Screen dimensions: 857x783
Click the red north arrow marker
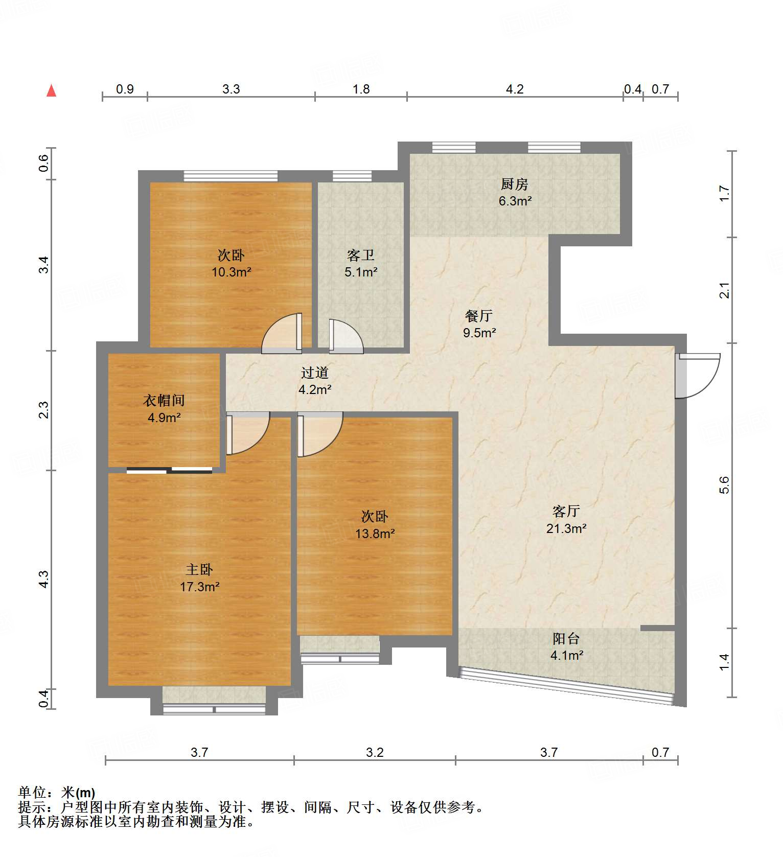click(51, 90)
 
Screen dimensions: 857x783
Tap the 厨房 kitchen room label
click(515, 184)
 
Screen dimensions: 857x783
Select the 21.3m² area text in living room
click(566, 528)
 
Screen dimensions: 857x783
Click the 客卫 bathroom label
click(361, 255)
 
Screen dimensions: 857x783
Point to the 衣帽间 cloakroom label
click(164, 401)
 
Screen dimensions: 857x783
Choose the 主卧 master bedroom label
click(199, 569)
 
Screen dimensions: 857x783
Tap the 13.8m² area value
click(375, 534)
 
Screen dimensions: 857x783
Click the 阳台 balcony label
click(566, 638)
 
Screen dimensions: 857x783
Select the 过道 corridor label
click(314, 373)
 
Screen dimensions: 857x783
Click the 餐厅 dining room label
click(479, 316)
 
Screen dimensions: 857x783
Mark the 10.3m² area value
click(231, 272)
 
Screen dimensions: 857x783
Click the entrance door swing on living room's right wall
click(699, 376)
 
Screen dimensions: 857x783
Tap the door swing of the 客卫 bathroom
click(346, 336)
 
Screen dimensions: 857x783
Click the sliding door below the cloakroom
click(169, 470)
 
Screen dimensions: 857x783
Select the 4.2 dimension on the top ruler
click(515, 89)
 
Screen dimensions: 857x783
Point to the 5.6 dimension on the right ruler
click(724, 484)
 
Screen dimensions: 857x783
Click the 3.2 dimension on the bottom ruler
click(375, 752)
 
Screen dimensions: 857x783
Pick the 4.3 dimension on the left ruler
click(44, 579)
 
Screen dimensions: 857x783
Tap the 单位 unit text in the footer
click(33, 793)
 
